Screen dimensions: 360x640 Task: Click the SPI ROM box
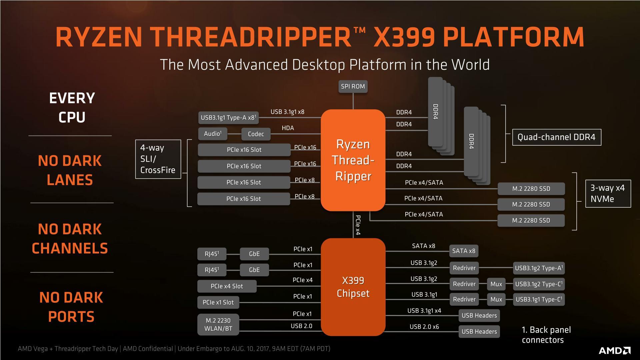[x=353, y=86]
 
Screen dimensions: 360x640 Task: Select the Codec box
[x=256, y=134]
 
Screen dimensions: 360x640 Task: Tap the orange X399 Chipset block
[x=353, y=287]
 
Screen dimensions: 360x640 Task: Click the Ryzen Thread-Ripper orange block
[x=353, y=160]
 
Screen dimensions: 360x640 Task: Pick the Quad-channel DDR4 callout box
[x=556, y=137]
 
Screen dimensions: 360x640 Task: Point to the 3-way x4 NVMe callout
[x=608, y=193]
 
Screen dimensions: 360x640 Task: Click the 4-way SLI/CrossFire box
[x=158, y=159]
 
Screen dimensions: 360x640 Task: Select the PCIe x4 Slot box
[x=227, y=286]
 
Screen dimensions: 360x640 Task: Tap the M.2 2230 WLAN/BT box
[x=218, y=324]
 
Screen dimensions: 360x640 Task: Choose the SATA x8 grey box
[x=463, y=251]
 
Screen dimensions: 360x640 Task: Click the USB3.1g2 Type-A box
[x=539, y=268]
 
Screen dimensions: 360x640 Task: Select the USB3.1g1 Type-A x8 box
[x=228, y=118]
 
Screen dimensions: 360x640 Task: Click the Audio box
[x=213, y=134]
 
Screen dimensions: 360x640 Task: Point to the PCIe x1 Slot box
[x=218, y=302]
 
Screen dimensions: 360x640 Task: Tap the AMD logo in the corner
[x=614, y=350]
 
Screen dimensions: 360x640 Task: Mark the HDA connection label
[x=288, y=128]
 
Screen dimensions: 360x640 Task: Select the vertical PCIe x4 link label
[x=358, y=225]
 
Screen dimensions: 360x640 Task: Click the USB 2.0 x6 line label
[x=424, y=327]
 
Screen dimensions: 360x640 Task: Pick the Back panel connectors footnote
[x=546, y=335]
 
